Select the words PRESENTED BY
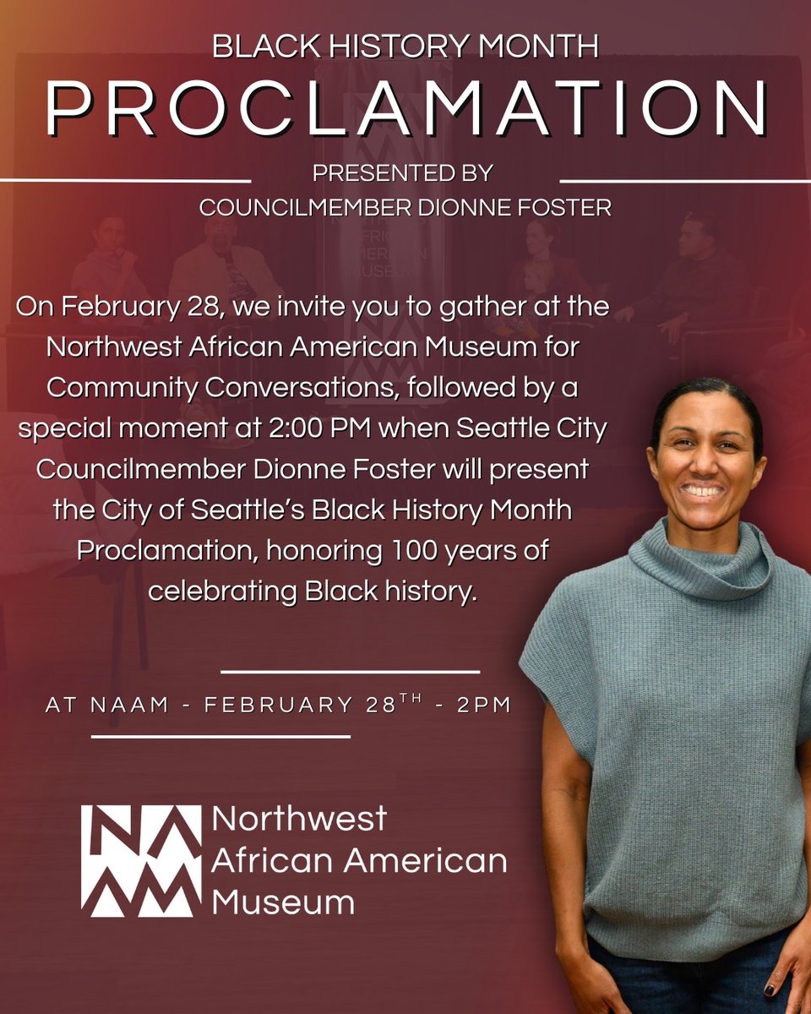402,173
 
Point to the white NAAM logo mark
141,860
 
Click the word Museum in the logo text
282,902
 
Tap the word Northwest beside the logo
299,818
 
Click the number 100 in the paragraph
376,550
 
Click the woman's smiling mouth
703,491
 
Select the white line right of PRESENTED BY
685,180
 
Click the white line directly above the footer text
350,672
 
